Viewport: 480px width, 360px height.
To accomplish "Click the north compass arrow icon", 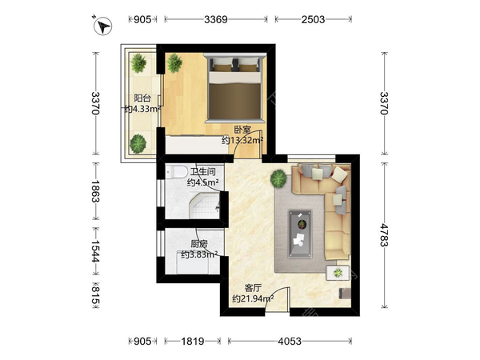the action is tap(103, 26).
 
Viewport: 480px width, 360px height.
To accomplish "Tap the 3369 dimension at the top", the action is tap(216, 19).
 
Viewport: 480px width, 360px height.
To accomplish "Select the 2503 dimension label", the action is tap(313, 19).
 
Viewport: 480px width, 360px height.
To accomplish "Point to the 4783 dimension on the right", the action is tap(384, 235).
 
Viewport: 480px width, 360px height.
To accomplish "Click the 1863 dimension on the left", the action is tap(96, 191).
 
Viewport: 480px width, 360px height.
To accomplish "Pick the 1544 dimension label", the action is tap(96, 251).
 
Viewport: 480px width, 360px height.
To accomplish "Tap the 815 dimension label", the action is tap(96, 296).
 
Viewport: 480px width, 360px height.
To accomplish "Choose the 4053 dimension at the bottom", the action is tap(290, 341).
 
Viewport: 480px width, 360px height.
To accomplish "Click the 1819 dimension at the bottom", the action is tap(193, 341).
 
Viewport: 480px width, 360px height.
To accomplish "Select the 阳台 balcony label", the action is tap(142, 98).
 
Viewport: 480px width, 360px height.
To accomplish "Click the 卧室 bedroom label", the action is tap(242, 130).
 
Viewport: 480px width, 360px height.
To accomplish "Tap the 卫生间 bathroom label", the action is tap(203, 172).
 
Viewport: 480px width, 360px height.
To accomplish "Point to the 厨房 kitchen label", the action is tap(199, 244).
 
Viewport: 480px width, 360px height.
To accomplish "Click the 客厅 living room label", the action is tap(253, 288).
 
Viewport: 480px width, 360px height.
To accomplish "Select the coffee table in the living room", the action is tap(300, 234).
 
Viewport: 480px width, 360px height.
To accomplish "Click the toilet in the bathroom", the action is tap(177, 172).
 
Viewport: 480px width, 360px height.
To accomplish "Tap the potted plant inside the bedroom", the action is tap(174, 63).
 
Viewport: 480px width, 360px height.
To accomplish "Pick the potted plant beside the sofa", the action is tap(278, 178).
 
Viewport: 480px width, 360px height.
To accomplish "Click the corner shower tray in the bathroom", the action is tap(205, 206).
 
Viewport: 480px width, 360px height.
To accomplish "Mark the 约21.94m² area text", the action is tap(253, 298).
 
